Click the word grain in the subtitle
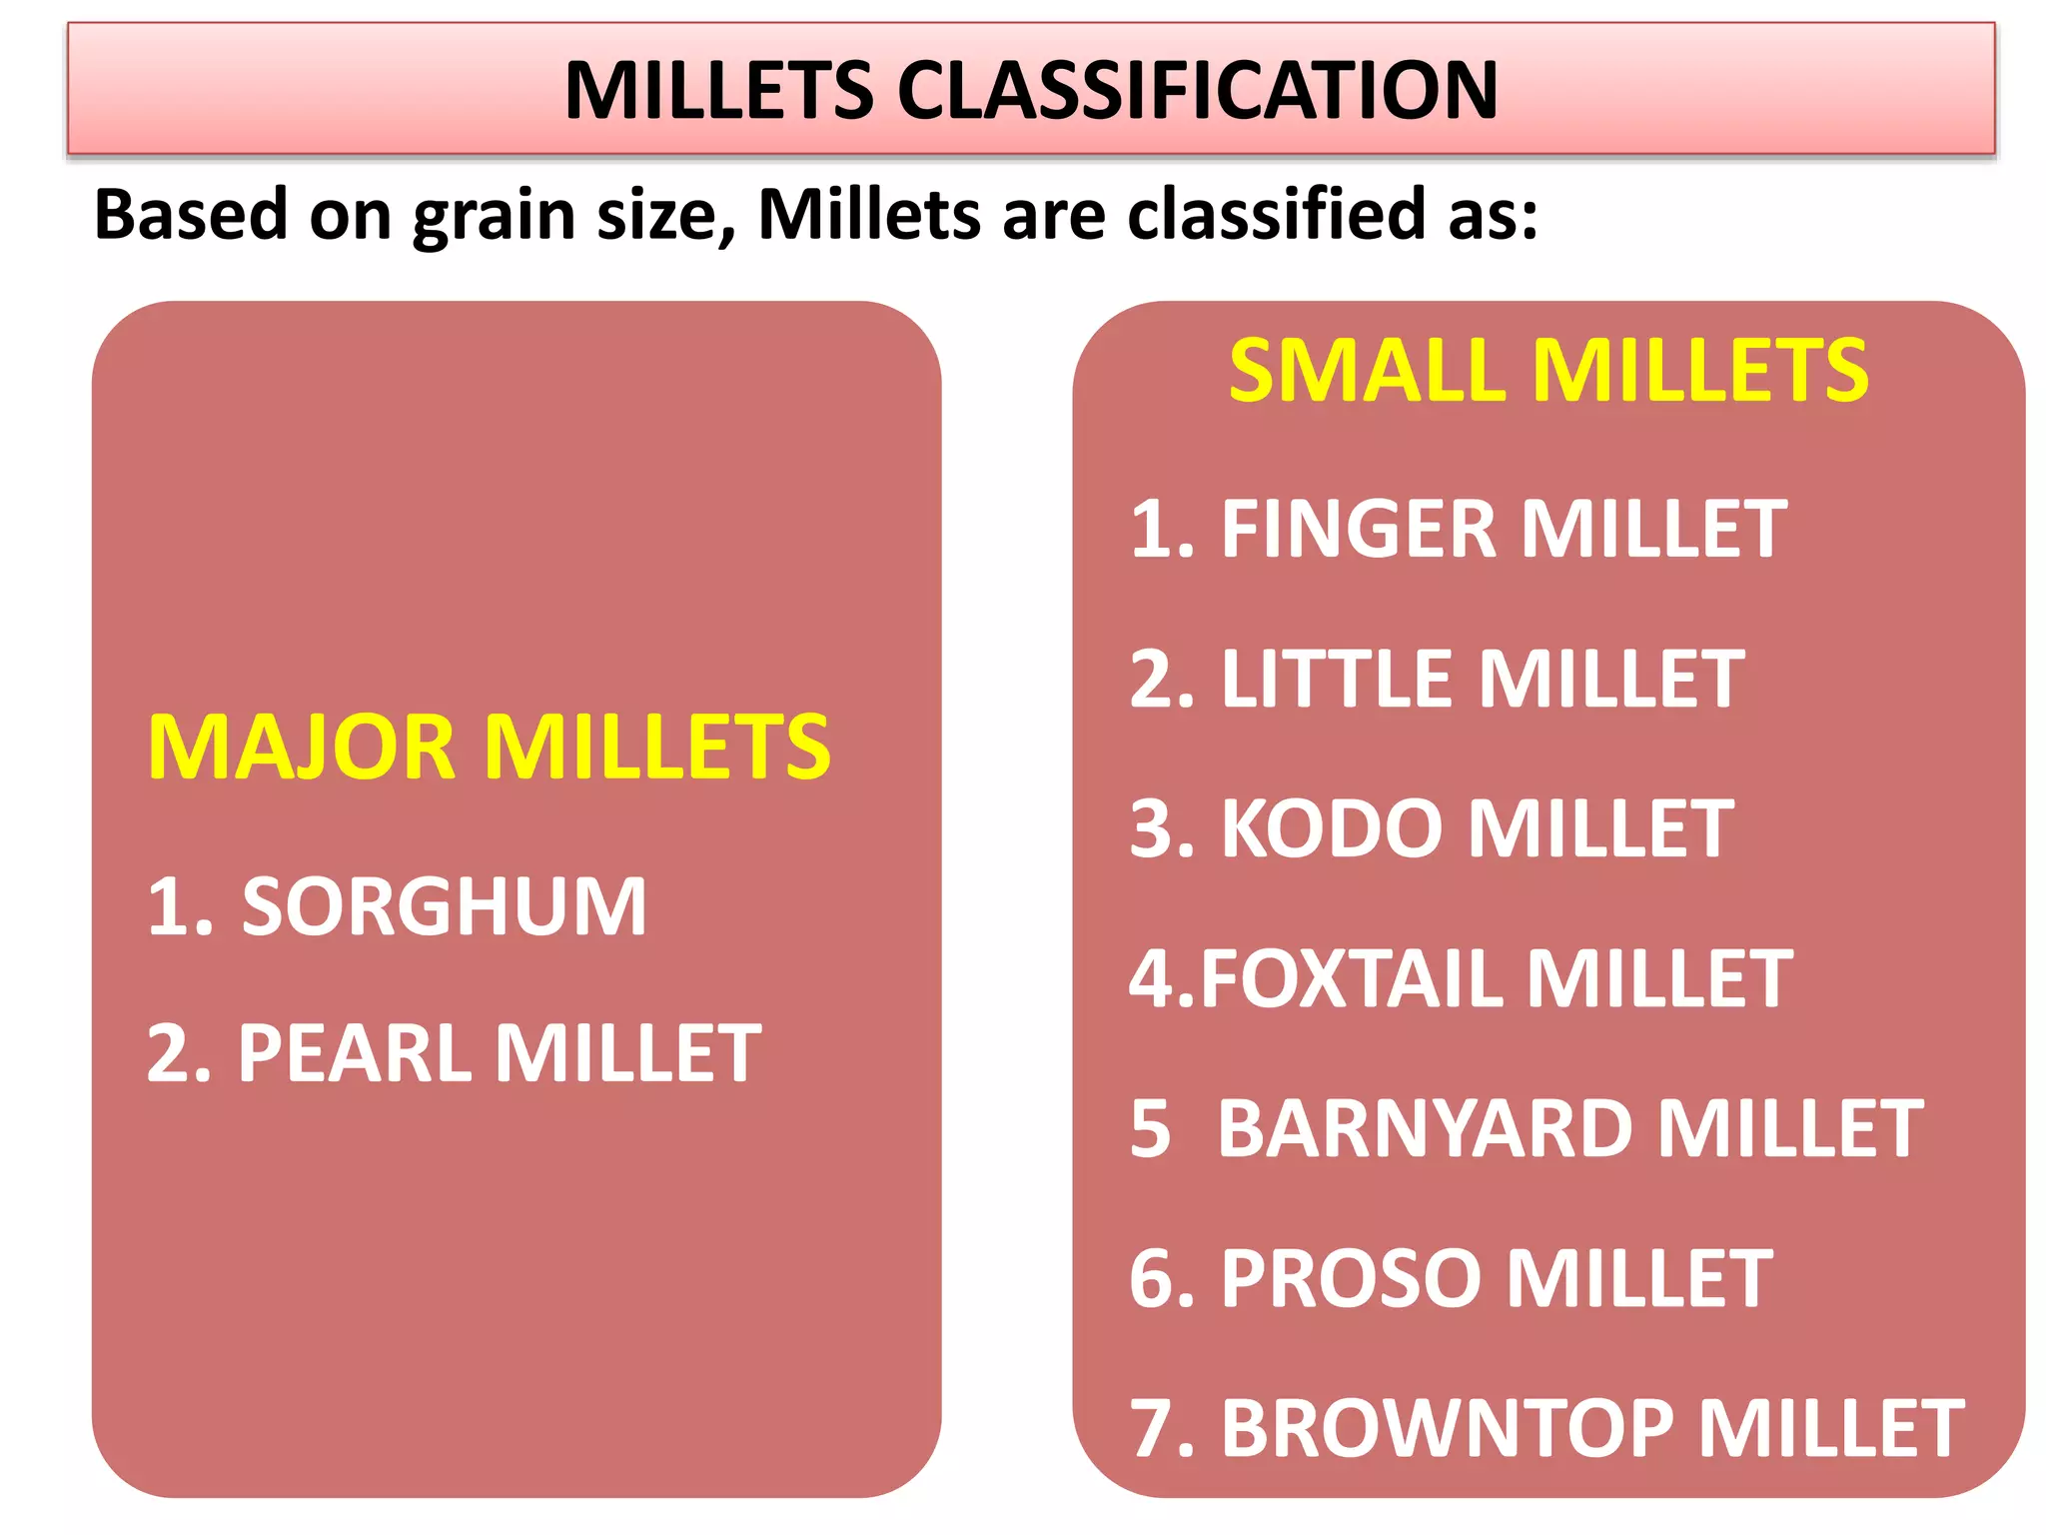pyautogui.click(x=495, y=215)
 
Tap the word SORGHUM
pyautogui.click(x=444, y=906)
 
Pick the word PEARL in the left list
pyautogui.click(x=354, y=1053)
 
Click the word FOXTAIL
pyautogui.click(x=1354, y=978)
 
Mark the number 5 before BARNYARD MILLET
pyautogui.click(x=1150, y=1129)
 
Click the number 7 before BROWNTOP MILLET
pyautogui.click(x=1150, y=1428)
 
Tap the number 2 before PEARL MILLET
pyautogui.click(x=168, y=1053)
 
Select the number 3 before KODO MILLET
pyautogui.click(x=1150, y=828)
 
